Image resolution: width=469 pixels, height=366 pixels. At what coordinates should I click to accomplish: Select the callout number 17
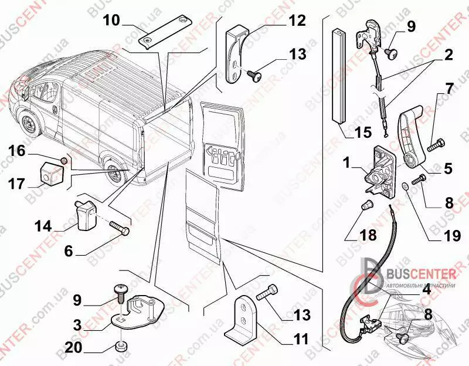[17, 184]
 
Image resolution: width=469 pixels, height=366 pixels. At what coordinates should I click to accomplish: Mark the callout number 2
[448, 57]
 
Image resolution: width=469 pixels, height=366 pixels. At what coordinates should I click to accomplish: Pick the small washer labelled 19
[405, 187]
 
